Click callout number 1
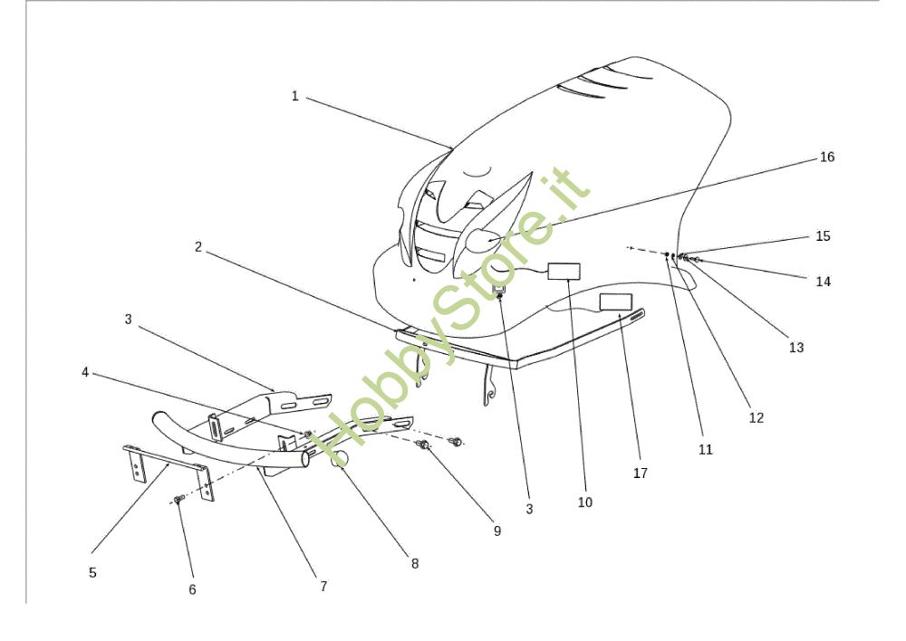[x=294, y=96]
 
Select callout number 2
[x=198, y=247]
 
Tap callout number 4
[x=85, y=372]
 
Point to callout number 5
[x=92, y=573]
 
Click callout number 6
[x=192, y=589]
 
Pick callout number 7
[x=323, y=587]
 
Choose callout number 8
[x=415, y=564]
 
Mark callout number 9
[x=497, y=531]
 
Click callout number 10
[x=585, y=502]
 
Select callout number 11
[x=706, y=450]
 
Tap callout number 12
[x=757, y=418]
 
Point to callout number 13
[x=796, y=348]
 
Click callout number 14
[x=824, y=282]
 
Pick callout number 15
[x=824, y=236]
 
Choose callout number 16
[x=827, y=157]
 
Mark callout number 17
[x=641, y=474]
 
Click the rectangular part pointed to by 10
[x=564, y=272]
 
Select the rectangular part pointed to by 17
[x=616, y=302]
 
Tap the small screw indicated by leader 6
[x=178, y=498]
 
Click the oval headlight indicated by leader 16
[x=484, y=240]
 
